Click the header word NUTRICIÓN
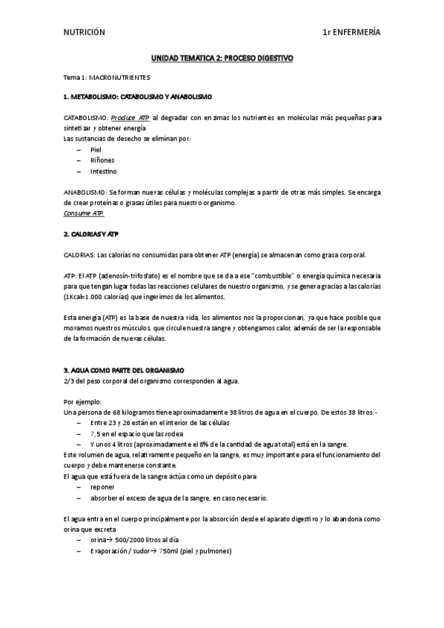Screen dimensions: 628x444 coord(85,32)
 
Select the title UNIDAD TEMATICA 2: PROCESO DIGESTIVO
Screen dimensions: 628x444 coord(222,57)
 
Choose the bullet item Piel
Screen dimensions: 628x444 coord(96,150)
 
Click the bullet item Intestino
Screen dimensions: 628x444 coord(103,171)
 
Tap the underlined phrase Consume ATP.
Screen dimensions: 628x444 coord(84,213)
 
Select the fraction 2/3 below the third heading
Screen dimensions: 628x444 coord(69,381)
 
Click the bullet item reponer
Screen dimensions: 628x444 coord(102,488)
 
